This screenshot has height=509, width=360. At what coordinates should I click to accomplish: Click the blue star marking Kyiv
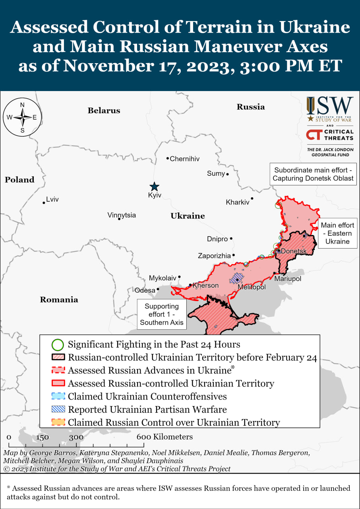pos(154,187)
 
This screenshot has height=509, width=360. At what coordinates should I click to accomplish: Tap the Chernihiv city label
pos(184,159)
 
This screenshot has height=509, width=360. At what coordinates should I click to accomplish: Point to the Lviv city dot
pos(44,203)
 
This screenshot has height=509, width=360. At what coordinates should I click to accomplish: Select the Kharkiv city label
pos(237,202)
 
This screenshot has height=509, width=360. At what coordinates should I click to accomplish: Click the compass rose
pos(22,117)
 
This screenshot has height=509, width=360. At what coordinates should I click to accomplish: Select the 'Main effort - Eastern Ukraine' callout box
pos(337,233)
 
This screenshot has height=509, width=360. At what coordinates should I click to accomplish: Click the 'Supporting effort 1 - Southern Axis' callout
pos(161,314)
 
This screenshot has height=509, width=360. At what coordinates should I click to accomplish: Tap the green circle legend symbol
pos(58,344)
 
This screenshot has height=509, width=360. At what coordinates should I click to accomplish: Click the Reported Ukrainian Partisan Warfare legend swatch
pos(58,409)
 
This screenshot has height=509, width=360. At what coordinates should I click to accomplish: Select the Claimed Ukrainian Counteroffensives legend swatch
pos(58,396)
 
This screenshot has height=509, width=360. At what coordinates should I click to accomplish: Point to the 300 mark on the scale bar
pos(75,437)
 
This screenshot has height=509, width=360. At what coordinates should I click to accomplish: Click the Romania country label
pos(59,299)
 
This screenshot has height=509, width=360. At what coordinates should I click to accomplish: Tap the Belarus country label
pos(104,111)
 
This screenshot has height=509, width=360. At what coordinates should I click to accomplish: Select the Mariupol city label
pos(288,279)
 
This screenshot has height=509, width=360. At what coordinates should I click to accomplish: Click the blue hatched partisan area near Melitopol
pos(237,277)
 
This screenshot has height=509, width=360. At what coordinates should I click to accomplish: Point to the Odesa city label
pos(145,290)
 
